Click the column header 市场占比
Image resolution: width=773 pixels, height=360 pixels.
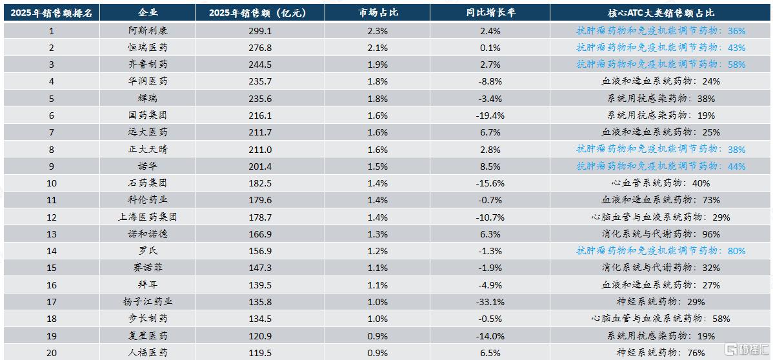377,13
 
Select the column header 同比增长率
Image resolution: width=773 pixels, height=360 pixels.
490,13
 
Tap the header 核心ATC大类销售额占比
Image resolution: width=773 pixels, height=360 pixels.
661,13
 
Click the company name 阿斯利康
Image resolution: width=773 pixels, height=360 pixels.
147,30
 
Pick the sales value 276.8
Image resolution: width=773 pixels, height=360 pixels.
260,48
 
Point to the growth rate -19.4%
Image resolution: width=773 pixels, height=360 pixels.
490,115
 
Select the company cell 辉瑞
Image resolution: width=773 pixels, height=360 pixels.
147,98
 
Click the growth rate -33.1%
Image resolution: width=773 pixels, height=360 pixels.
490,302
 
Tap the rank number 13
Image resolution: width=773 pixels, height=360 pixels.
51,234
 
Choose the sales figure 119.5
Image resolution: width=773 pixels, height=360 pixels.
260,353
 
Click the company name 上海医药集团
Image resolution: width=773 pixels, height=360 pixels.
147,217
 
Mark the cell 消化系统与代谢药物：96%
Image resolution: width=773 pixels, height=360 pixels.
661,234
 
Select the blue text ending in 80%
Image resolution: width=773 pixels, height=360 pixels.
661,251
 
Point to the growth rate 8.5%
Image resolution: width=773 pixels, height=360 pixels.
490,166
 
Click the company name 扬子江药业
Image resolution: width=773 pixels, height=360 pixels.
147,302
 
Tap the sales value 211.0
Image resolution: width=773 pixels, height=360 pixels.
260,150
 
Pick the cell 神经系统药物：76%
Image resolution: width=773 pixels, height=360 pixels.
661,353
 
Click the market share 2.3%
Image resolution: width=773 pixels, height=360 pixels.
377,30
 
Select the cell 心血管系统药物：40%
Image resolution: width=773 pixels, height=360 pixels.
661,183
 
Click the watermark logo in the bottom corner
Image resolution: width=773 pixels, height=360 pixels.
745,349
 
